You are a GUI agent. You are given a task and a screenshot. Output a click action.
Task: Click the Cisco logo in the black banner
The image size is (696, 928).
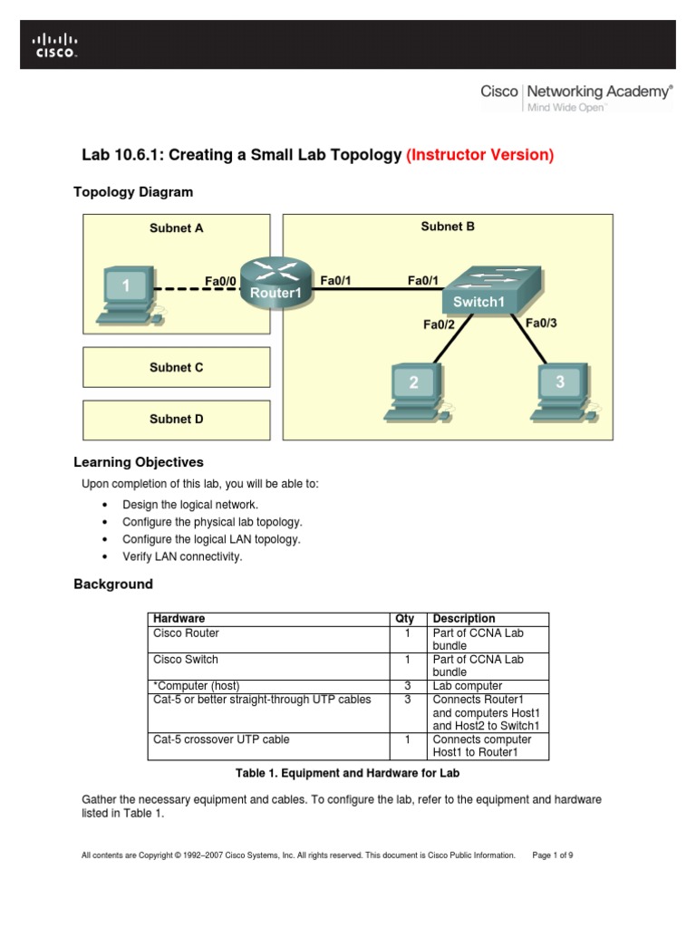[55, 45]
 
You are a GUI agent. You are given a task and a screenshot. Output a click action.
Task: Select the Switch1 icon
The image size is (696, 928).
[489, 290]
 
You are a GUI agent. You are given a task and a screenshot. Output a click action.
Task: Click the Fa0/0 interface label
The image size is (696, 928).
[220, 282]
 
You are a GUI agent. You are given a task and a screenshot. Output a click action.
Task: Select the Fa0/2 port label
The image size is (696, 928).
[438, 324]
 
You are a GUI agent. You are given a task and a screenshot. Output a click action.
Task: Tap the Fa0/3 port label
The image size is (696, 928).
[541, 323]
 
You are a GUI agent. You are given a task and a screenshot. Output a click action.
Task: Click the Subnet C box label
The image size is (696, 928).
[176, 368]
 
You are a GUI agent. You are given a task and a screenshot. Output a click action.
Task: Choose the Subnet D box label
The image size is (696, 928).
[176, 419]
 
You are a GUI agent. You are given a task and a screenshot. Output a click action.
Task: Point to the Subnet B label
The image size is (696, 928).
[448, 227]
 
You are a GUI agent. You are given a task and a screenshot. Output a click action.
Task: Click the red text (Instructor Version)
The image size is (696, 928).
[479, 155]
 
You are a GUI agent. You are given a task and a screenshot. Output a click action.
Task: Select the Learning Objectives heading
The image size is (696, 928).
[139, 462]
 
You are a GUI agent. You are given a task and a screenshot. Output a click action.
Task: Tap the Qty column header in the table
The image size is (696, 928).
[404, 619]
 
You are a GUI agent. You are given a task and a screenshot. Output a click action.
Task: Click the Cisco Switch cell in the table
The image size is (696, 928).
[186, 660]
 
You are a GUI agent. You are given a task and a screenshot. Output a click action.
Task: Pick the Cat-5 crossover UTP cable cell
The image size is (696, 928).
[221, 739]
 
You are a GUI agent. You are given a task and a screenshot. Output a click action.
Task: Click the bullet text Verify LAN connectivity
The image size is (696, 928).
[182, 556]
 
